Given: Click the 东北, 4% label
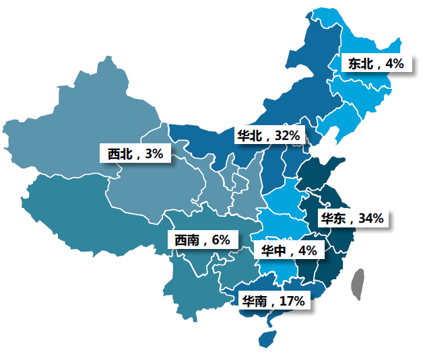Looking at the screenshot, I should (x=375, y=64).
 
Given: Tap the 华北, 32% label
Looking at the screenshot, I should (x=267, y=135).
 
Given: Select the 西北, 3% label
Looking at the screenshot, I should (x=135, y=153).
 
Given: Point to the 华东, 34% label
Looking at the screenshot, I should (x=352, y=218).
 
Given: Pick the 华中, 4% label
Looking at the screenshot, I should (x=288, y=250).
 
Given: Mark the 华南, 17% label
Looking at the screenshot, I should (x=273, y=301).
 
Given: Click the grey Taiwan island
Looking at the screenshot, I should (x=358, y=283).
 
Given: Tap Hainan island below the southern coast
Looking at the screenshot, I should (x=269, y=336).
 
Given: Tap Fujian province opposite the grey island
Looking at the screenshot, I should (x=327, y=269).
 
